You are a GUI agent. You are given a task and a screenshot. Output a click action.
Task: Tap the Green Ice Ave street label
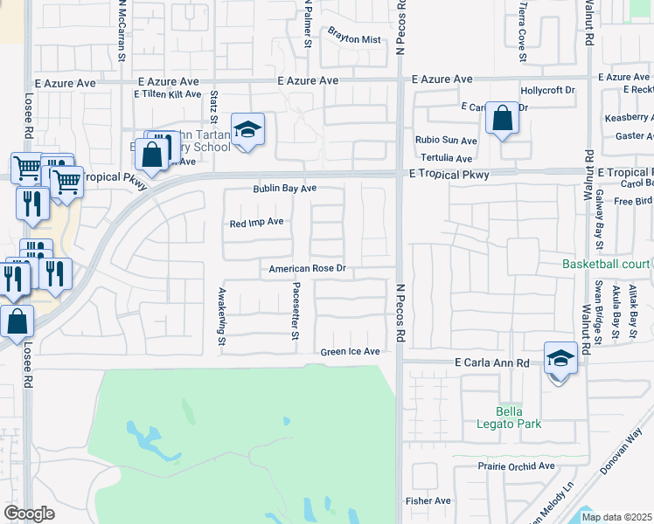pyautogui.click(x=350, y=352)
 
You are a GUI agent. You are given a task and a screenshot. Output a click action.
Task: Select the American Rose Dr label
pyautogui.click(x=309, y=269)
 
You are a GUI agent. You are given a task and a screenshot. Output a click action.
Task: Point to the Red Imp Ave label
pyautogui.click(x=256, y=222)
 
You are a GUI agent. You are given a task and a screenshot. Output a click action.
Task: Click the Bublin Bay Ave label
pyautogui.click(x=284, y=189)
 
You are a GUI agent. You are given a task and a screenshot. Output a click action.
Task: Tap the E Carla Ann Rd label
pyautogui.click(x=492, y=362)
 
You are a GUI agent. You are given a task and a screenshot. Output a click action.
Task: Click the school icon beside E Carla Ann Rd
pyautogui.click(x=560, y=357)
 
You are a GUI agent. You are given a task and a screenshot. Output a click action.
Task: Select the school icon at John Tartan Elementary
pyautogui.click(x=247, y=130)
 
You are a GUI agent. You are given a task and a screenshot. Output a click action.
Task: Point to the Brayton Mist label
pyautogui.click(x=354, y=39)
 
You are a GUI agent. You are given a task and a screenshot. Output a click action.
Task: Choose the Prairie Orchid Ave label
pyautogui.click(x=516, y=466)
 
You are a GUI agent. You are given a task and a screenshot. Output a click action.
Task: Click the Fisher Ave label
pyautogui.click(x=428, y=500)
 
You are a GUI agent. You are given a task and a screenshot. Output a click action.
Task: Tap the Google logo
pyautogui.click(x=29, y=513)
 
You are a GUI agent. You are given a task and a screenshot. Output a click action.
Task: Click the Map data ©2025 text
pyautogui.click(x=616, y=517)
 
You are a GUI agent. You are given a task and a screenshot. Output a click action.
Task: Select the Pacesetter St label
pyautogui.click(x=296, y=311)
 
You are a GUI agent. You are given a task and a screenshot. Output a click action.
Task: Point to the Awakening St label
pyautogui.click(x=222, y=310)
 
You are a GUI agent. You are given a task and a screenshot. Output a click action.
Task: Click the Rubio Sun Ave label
pyautogui.click(x=446, y=140)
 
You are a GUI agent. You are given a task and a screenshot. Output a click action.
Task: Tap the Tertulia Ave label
pyautogui.click(x=446, y=158)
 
